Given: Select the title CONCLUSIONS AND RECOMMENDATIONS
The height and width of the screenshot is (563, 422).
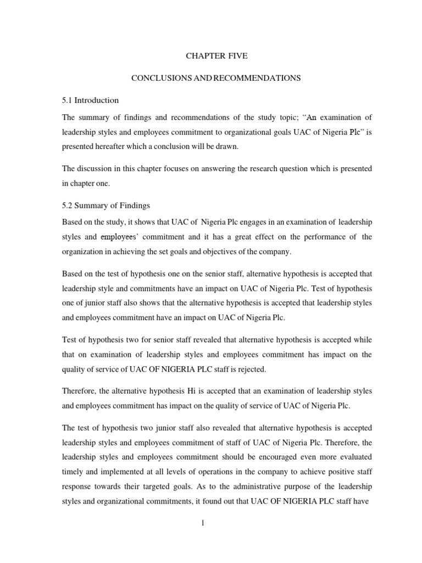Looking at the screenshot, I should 215,78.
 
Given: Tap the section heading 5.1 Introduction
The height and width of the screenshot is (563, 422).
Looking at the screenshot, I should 90,100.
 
